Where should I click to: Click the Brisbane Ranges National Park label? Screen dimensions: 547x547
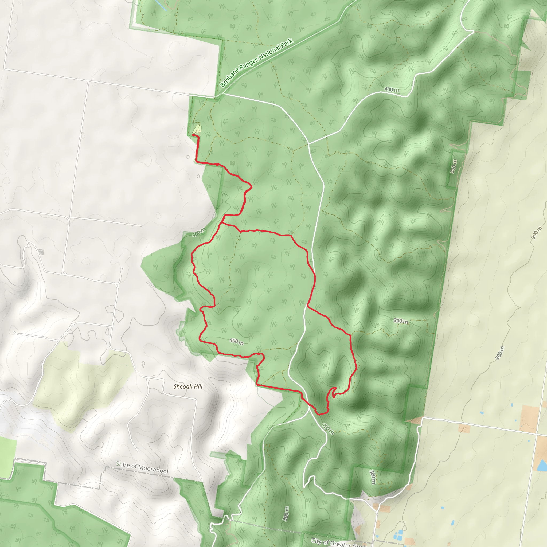(x=256, y=63)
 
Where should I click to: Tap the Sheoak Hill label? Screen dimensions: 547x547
(x=188, y=386)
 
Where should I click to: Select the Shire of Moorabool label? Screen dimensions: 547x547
(x=142, y=467)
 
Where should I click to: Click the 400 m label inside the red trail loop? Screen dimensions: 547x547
(x=236, y=341)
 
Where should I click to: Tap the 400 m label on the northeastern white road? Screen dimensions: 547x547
(x=392, y=89)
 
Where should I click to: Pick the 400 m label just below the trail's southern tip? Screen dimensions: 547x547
(x=328, y=429)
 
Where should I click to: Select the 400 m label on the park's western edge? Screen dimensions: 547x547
(x=199, y=232)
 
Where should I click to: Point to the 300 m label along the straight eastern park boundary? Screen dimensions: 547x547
(x=453, y=166)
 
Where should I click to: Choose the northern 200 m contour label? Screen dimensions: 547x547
(x=537, y=233)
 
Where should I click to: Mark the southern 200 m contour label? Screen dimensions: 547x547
(x=500, y=353)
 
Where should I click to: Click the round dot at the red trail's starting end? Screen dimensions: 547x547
(x=193, y=135)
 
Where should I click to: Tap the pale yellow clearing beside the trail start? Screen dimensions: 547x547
(x=197, y=129)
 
